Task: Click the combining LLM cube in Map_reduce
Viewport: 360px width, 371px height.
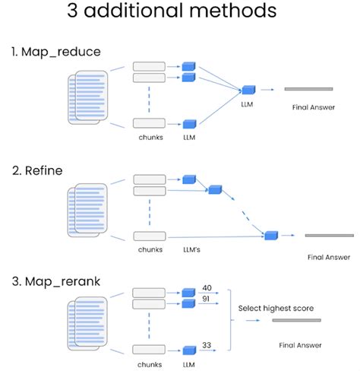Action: pyautogui.click(x=248, y=90)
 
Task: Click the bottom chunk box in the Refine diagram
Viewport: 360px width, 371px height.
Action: pyautogui.click(x=149, y=236)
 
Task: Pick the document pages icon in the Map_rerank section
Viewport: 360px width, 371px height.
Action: pyautogui.click(x=89, y=320)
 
